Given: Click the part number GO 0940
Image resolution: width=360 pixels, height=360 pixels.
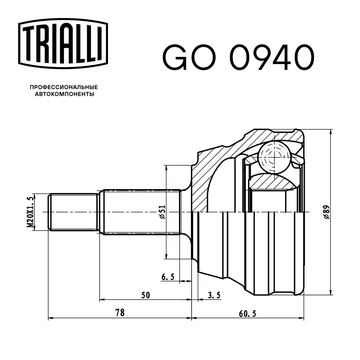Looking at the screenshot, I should (x=238, y=58).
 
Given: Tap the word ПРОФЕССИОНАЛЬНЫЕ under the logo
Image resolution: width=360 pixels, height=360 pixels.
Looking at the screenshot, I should (x=64, y=87).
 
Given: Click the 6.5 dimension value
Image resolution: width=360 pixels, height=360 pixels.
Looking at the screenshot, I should (x=168, y=277).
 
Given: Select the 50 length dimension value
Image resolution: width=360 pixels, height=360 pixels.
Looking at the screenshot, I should (x=145, y=295).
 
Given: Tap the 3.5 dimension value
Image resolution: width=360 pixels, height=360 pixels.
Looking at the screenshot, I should (x=214, y=295).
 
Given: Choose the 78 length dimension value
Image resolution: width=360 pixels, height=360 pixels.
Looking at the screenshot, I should (x=120, y=313).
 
